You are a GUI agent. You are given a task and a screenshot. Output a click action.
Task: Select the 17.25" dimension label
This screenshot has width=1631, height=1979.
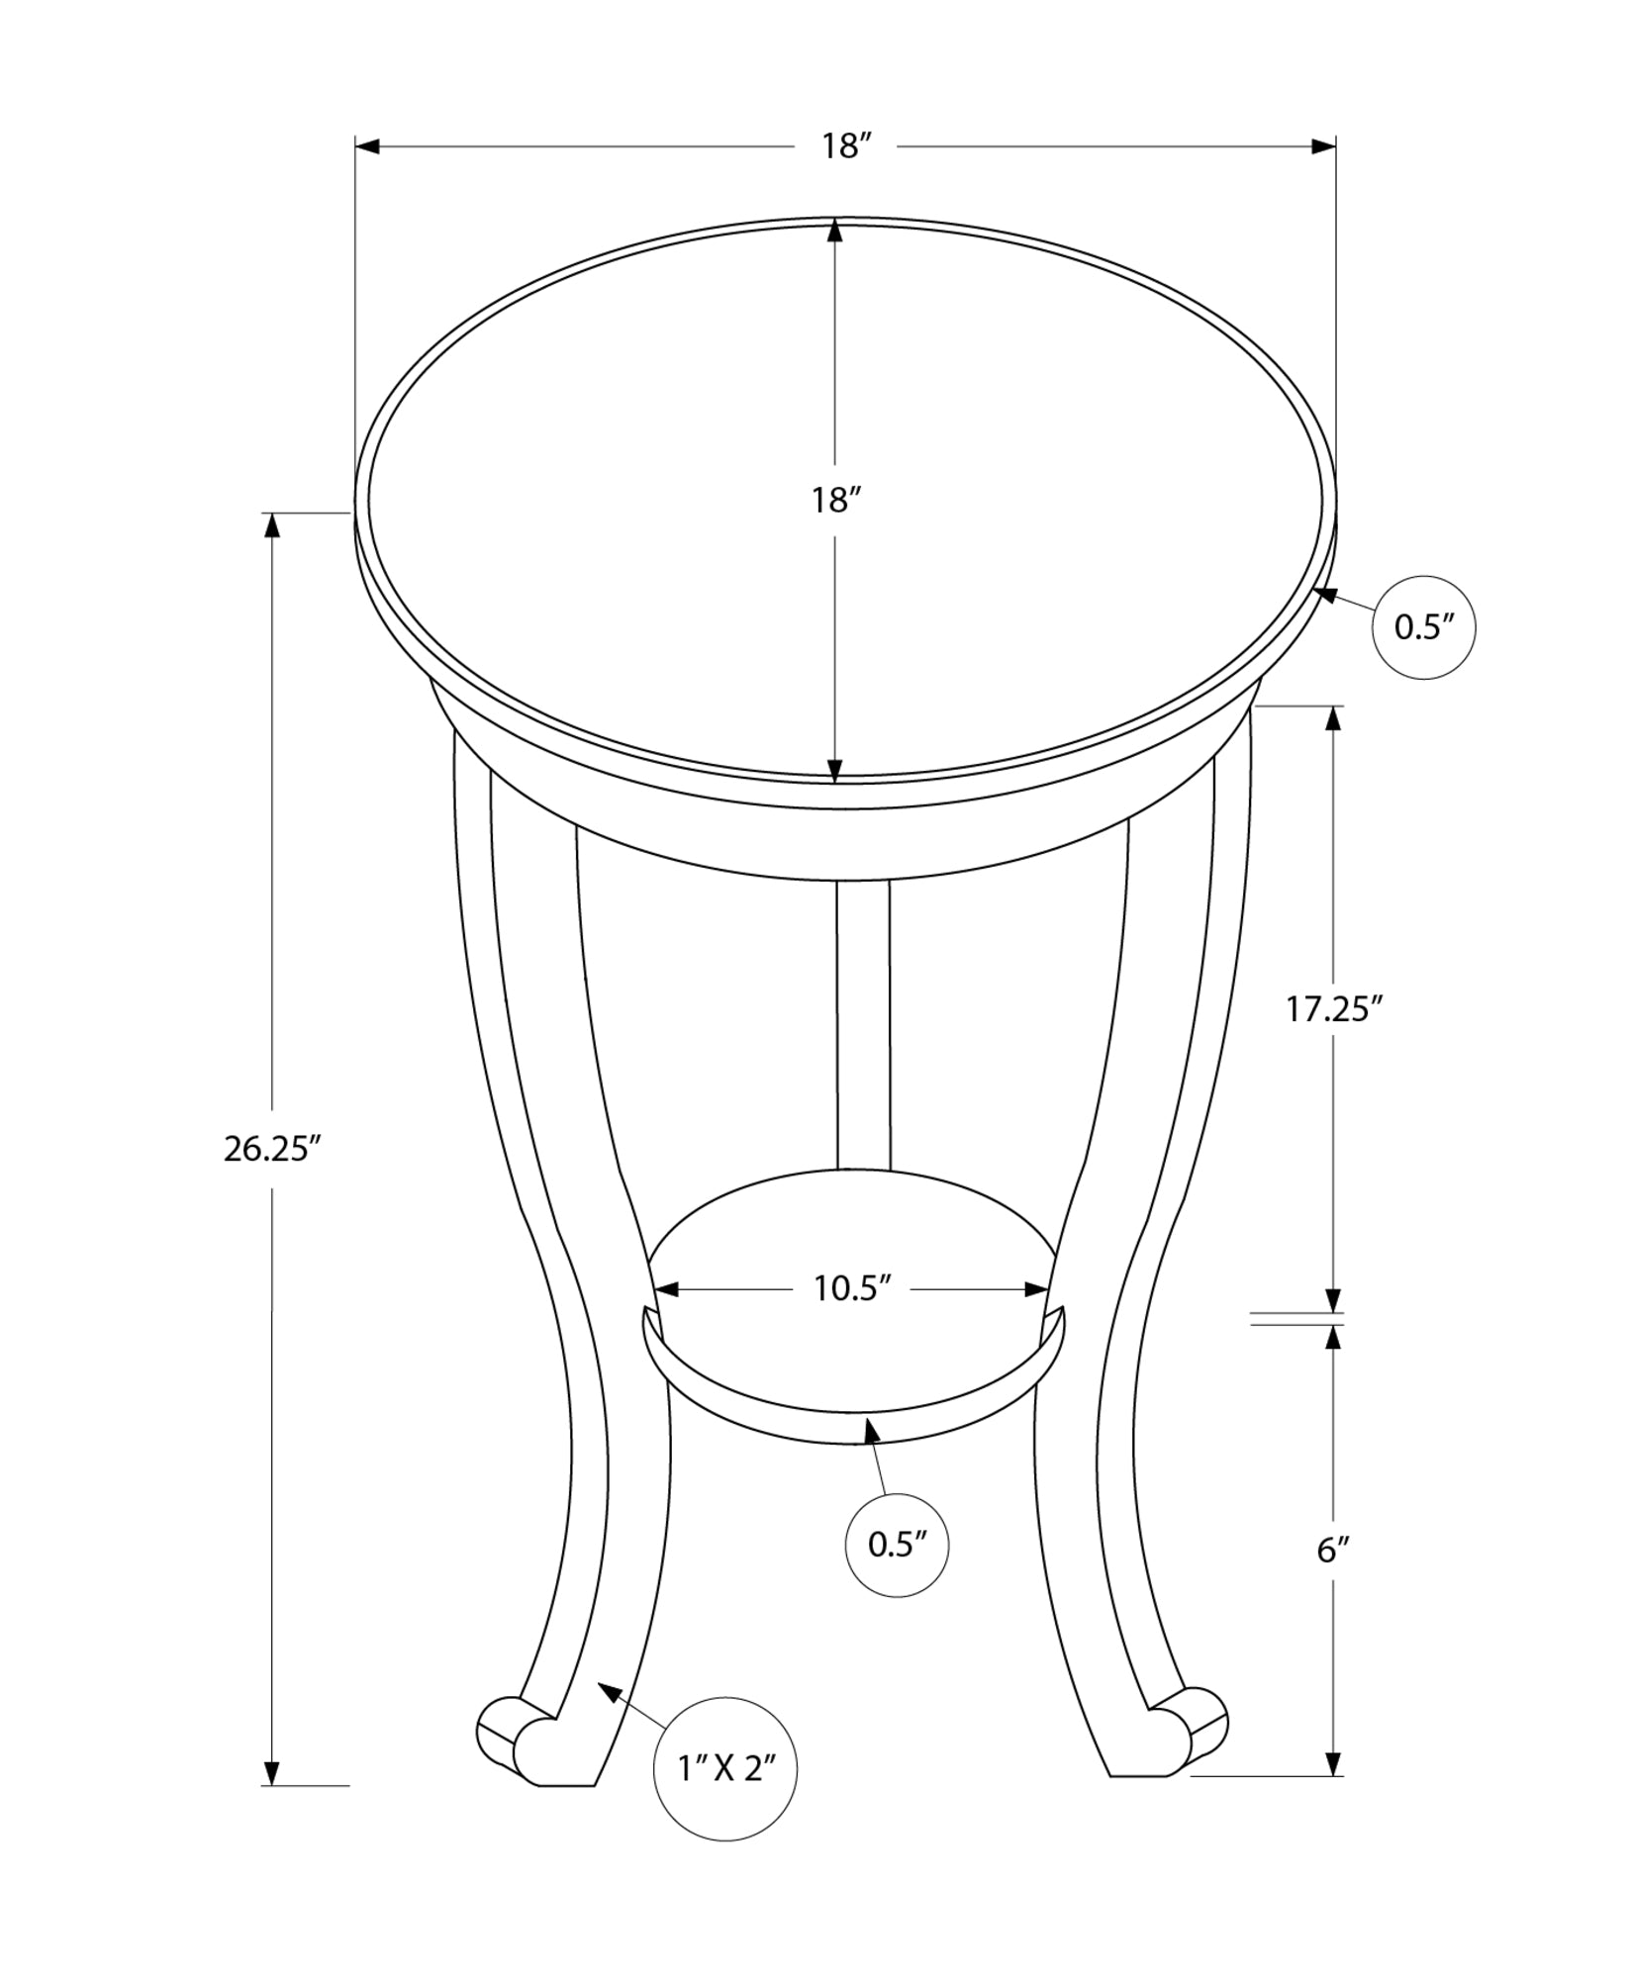click(x=1333, y=1008)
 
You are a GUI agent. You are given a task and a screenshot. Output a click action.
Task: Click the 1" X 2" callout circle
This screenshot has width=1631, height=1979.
click(x=725, y=1768)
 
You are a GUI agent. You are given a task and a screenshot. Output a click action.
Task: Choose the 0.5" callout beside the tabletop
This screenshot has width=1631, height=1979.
click(x=1423, y=627)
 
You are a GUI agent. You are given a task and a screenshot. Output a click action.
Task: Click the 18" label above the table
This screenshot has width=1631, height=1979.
click(x=845, y=146)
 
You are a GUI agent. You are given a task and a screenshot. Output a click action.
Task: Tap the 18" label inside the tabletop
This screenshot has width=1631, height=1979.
click(x=833, y=501)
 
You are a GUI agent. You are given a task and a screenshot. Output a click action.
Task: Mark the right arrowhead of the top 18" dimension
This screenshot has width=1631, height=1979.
click(x=1323, y=147)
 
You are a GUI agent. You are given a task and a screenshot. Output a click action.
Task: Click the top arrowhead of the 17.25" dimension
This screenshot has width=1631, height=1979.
click(x=1334, y=718)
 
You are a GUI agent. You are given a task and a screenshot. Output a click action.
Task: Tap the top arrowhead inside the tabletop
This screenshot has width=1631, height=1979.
click(x=834, y=233)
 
